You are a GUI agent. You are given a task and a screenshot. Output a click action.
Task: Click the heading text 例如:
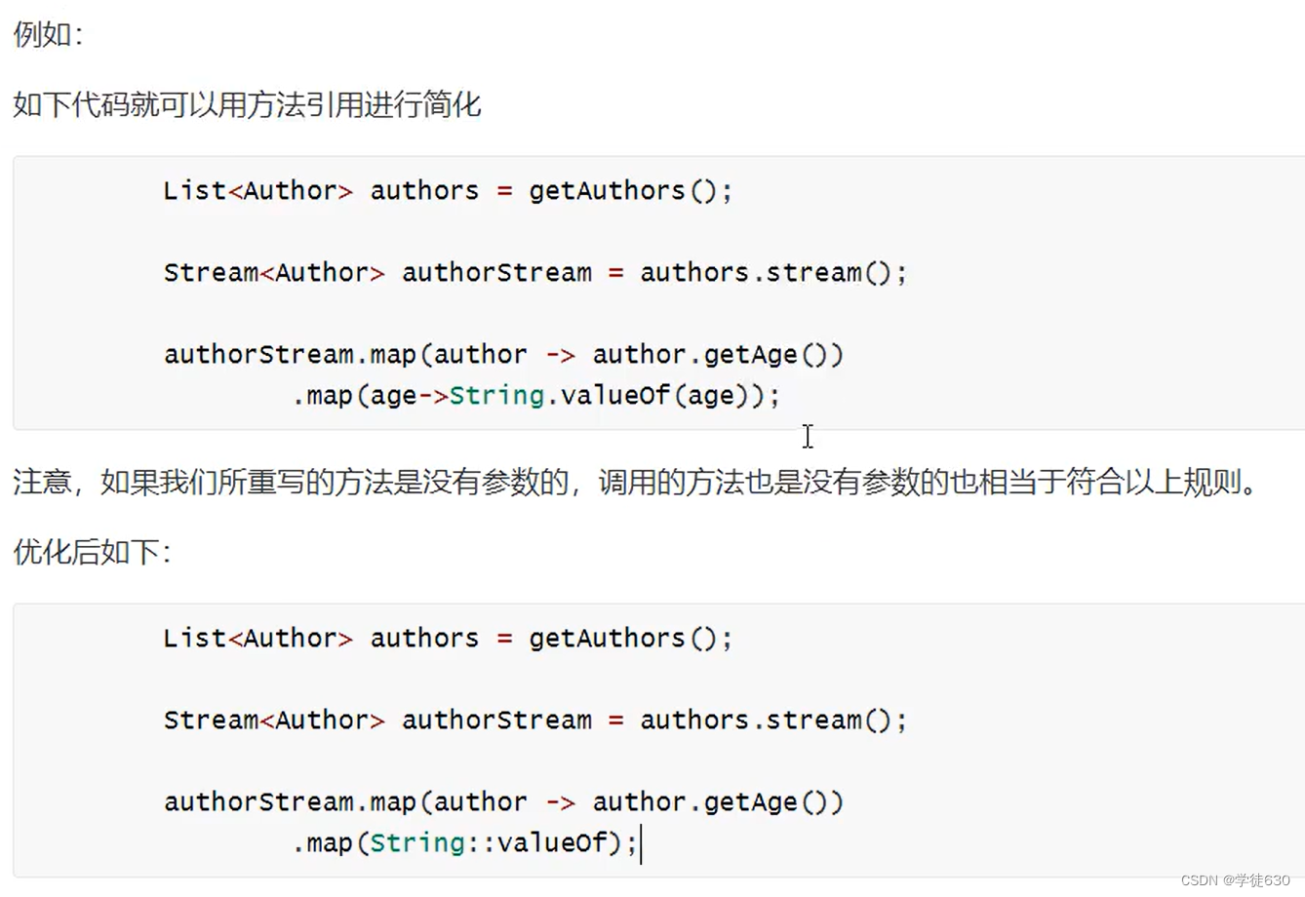pos(48,35)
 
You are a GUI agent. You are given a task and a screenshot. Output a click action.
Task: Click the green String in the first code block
pos(496,396)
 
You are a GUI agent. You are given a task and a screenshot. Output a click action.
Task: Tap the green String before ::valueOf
pos(417,843)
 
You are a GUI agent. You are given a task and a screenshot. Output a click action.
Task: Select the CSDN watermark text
pos(1235,880)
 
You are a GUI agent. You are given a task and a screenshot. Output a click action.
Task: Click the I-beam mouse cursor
pos(808,436)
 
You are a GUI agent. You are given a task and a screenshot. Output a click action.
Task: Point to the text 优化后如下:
pos(93,553)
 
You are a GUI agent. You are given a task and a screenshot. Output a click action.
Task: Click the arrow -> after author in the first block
pos(560,355)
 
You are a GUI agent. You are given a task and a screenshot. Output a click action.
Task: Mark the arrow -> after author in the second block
pos(560,802)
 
